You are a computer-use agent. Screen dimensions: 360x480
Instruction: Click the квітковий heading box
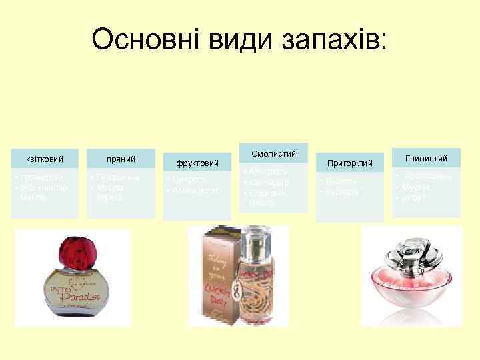point(45,159)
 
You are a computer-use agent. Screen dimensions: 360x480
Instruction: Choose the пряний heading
point(121,159)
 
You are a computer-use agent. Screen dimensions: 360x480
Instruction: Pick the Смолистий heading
point(273,154)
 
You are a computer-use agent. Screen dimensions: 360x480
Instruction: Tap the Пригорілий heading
point(349,163)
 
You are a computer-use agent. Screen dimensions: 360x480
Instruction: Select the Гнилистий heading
point(427,158)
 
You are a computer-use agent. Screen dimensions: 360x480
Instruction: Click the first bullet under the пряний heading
point(117,178)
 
